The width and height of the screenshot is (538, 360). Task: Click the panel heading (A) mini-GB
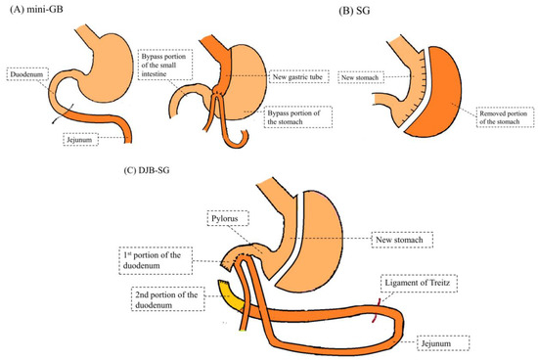point(39,11)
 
